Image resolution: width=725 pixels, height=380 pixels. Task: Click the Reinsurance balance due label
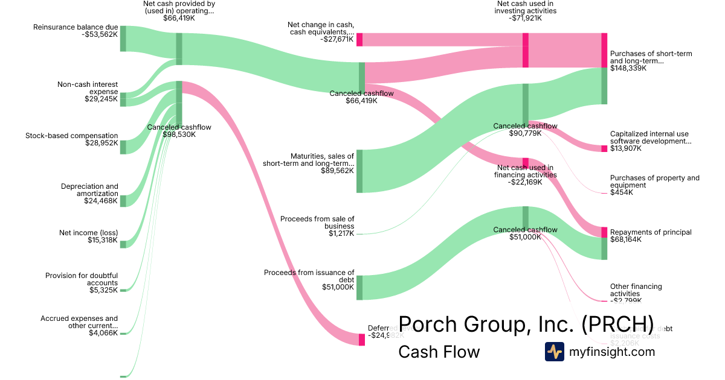click(76, 27)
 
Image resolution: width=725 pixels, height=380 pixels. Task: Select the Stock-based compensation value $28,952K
click(101, 143)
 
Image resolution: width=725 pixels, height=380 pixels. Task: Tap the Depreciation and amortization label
click(89, 190)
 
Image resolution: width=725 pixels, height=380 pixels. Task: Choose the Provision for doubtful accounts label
click(82, 279)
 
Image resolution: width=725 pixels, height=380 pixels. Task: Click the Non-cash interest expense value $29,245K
click(101, 99)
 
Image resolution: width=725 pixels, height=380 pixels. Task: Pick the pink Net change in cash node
click(359, 39)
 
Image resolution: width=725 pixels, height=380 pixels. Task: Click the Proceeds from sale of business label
click(317, 222)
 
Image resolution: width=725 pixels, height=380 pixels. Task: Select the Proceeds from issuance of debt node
click(359, 287)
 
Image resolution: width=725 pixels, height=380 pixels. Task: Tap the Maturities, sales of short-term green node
click(359, 171)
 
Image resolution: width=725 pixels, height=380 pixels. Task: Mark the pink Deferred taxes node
click(362, 340)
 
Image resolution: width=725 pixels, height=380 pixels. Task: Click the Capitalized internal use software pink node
click(604, 148)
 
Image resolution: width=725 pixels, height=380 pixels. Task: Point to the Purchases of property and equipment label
click(654, 182)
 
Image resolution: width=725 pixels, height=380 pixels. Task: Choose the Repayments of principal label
click(651, 232)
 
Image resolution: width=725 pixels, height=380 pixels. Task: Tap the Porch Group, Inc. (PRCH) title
click(526, 324)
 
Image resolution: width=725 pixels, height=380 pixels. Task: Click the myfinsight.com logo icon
click(554, 352)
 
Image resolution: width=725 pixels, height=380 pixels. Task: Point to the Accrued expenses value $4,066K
click(103, 333)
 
